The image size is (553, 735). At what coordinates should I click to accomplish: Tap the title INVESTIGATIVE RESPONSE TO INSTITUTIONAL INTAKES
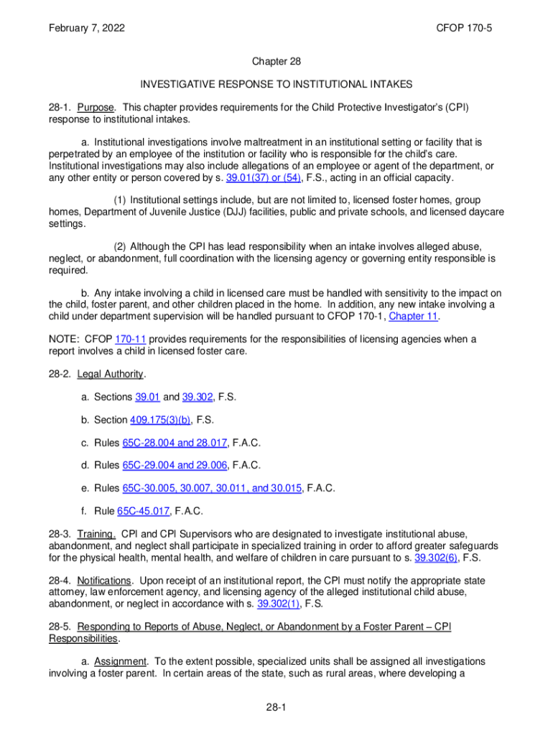(276, 84)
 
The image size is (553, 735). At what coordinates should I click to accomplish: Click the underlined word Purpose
(96, 107)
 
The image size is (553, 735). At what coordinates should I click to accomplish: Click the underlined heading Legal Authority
(111, 374)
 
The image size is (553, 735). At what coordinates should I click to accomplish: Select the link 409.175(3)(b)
(161, 420)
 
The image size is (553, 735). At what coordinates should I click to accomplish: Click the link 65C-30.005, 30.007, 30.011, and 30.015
(213, 488)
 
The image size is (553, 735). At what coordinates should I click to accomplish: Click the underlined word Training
(96, 534)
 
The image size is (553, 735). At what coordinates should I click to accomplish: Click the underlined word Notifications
(104, 580)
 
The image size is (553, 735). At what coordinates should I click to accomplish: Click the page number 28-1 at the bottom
(276, 708)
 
